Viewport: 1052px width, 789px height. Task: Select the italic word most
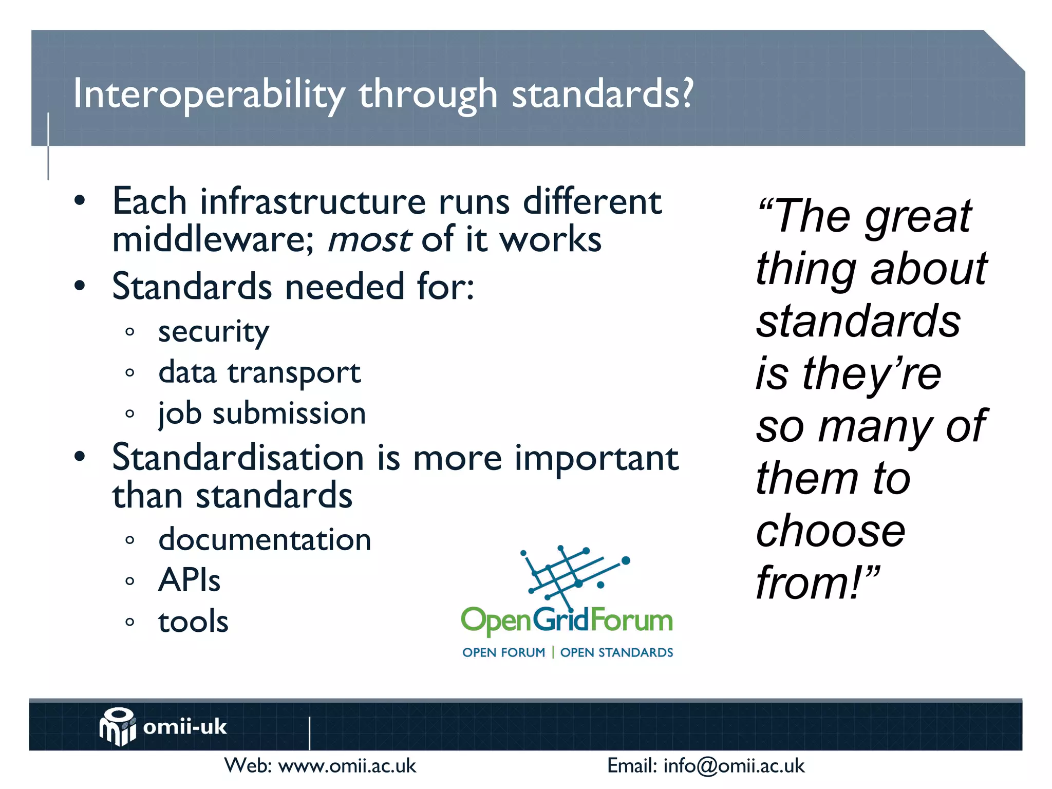(x=369, y=240)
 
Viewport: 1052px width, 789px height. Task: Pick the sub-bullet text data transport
(x=259, y=373)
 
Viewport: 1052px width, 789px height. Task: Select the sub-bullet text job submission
(x=262, y=414)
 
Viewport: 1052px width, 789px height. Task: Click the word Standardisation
(x=238, y=458)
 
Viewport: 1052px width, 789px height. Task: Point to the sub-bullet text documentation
(x=265, y=540)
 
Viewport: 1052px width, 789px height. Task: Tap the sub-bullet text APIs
(x=189, y=580)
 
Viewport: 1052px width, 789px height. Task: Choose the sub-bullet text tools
(x=193, y=622)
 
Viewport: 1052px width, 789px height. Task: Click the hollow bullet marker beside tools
(x=130, y=623)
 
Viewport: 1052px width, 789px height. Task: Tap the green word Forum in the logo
(x=631, y=621)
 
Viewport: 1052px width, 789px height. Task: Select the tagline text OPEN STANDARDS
(x=616, y=653)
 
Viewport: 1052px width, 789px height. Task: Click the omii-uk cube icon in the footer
(x=118, y=726)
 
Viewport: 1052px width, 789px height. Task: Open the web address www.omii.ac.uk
(x=347, y=766)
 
